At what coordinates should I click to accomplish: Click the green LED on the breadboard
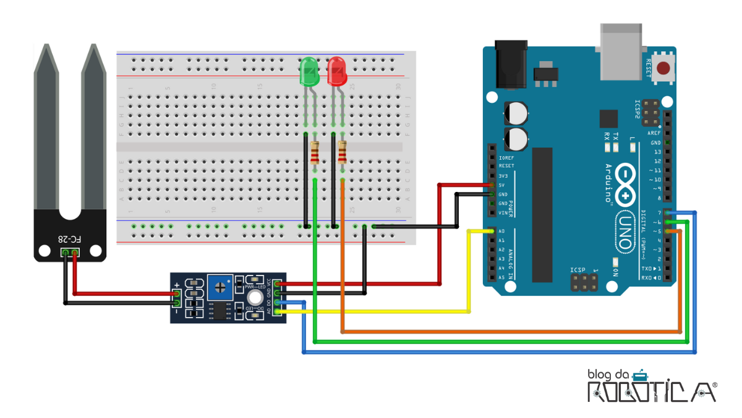(x=309, y=72)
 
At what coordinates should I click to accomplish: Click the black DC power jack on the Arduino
(x=511, y=64)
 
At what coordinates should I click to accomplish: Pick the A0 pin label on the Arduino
(x=501, y=232)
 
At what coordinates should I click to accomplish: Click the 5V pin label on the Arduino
(x=502, y=185)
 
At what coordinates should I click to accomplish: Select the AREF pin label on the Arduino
(x=654, y=133)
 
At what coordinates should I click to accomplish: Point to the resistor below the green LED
(x=315, y=152)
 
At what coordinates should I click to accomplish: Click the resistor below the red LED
(x=343, y=152)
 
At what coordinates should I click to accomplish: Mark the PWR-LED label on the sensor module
(x=254, y=287)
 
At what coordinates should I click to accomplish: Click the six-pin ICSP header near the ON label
(x=584, y=284)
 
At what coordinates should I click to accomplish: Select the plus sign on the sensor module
(x=177, y=285)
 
